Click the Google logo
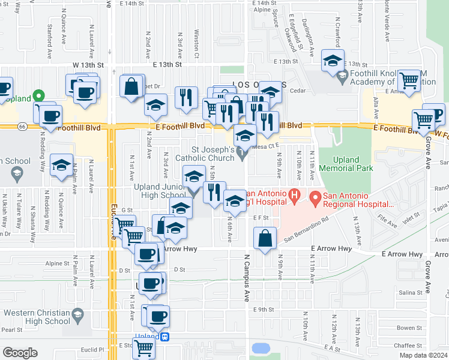click(x=20, y=353)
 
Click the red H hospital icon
click(x=294, y=195)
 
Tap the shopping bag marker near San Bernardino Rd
click(x=265, y=238)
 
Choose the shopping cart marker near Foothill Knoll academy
click(x=409, y=80)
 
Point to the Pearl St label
click(x=11, y=329)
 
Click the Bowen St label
click(x=410, y=328)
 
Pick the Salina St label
click(x=411, y=292)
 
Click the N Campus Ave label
click(x=247, y=276)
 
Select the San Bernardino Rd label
click(x=306, y=229)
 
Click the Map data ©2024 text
click(x=423, y=355)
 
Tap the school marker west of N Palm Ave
click(x=61, y=166)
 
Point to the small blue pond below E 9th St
click(x=262, y=348)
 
